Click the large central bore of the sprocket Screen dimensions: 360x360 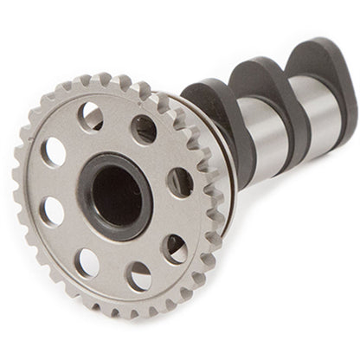click(x=118, y=195)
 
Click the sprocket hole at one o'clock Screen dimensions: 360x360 click(x=144, y=128)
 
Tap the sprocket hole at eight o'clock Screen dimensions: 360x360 click(x=52, y=210)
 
